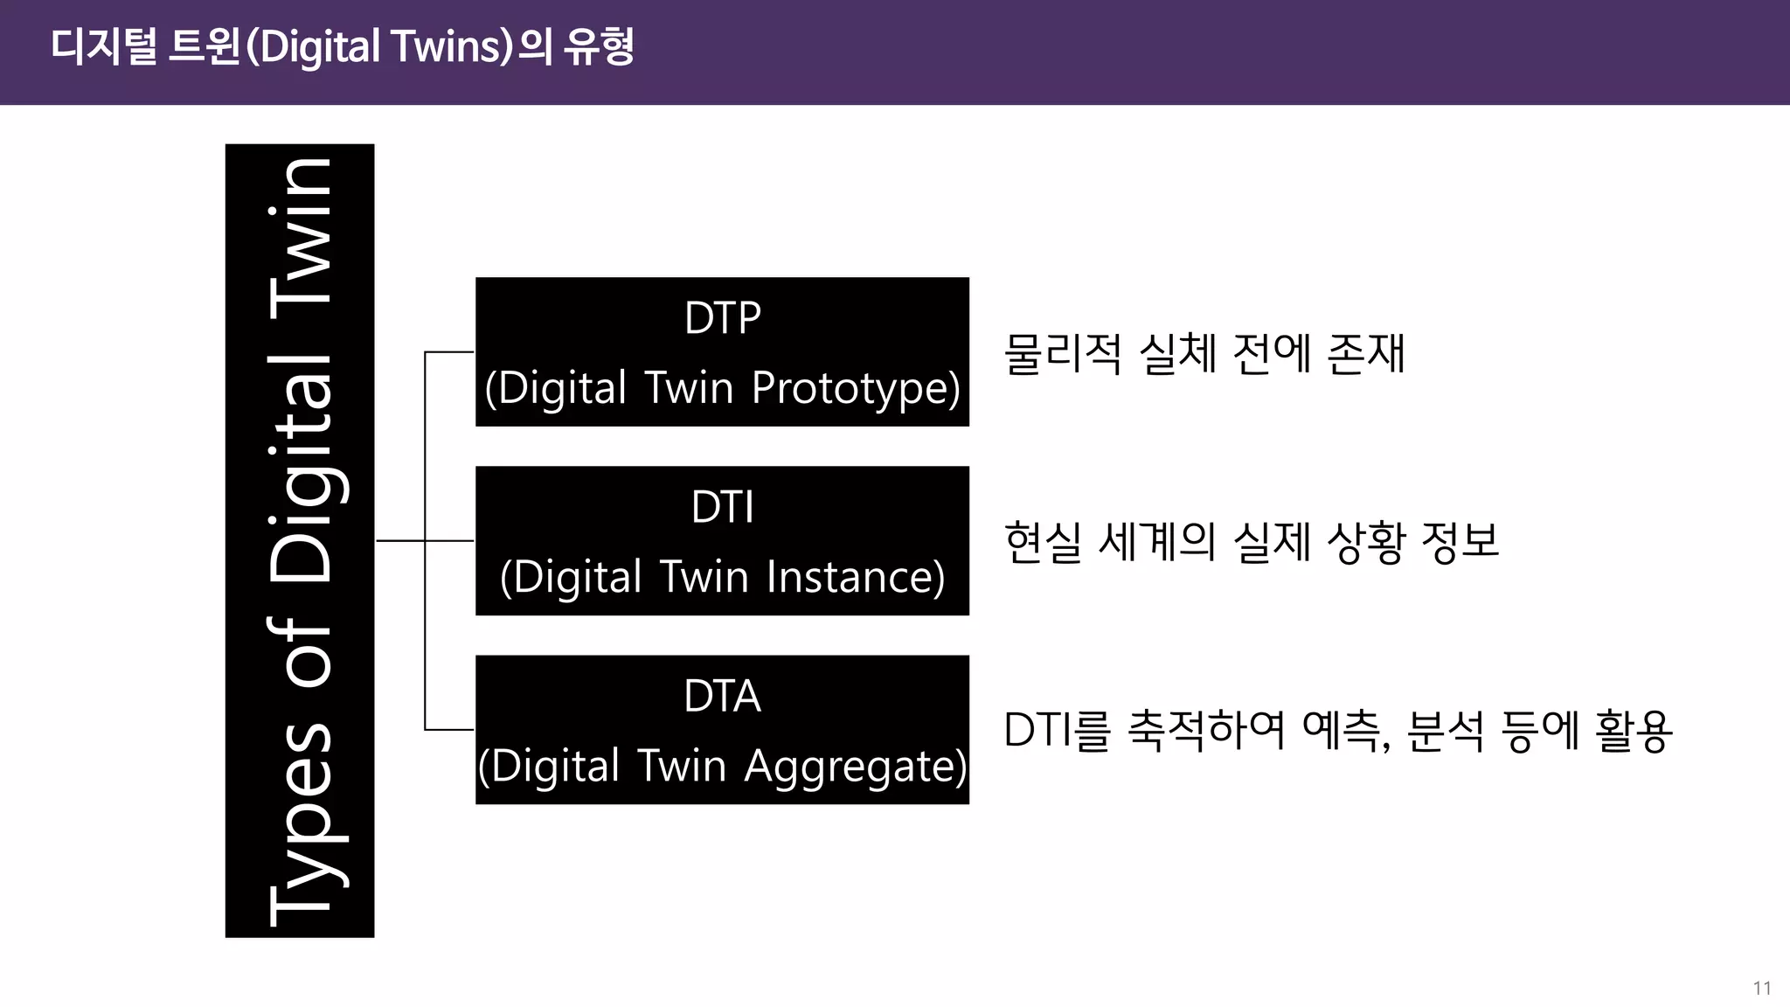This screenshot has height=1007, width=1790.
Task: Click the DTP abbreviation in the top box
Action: tap(722, 318)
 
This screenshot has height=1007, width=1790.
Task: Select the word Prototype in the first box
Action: tap(855, 388)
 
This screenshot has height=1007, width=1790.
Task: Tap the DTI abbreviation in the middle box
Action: tap(722, 507)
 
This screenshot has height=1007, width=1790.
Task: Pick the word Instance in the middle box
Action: tap(855, 577)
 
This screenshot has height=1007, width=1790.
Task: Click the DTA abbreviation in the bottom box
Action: tap(722, 697)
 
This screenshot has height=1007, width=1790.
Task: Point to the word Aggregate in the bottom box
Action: tap(855, 767)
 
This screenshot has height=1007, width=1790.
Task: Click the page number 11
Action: tap(1761, 988)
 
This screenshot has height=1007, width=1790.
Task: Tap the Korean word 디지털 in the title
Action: tap(103, 47)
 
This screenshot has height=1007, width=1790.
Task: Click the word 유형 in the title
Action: tap(599, 47)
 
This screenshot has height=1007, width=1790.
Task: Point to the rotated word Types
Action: tap(302, 822)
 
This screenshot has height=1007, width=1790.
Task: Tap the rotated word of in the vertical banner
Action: tap(302, 651)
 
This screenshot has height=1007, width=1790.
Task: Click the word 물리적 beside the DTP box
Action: tap(1062, 354)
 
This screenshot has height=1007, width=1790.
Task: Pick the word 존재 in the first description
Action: tap(1365, 354)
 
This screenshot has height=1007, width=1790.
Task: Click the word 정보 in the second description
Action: tap(1460, 542)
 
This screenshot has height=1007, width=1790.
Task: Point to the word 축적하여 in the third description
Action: tap(1206, 731)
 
